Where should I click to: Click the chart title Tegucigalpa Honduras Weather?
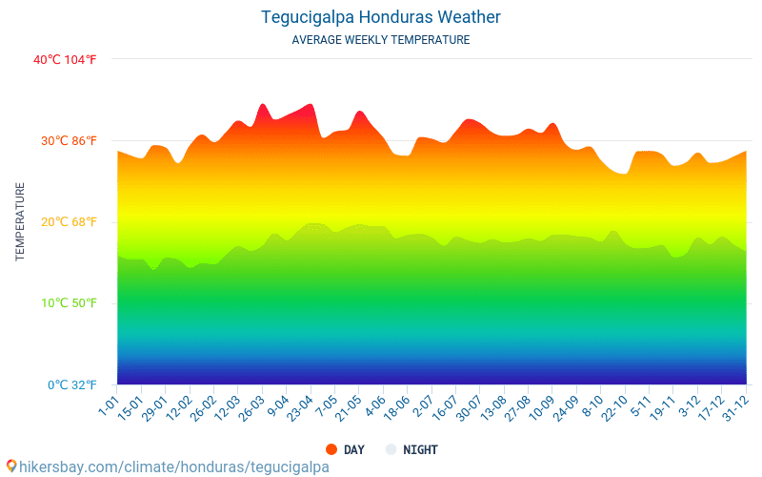(380, 17)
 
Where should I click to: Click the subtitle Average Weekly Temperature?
(380, 40)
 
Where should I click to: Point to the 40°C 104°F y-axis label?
(65, 59)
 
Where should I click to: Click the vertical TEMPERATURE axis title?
(20, 222)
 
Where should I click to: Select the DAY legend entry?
(353, 450)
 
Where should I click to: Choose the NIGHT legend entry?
(420, 450)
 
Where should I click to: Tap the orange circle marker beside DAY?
(331, 449)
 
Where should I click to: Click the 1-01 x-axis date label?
(109, 407)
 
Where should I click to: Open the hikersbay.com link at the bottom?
(168, 467)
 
